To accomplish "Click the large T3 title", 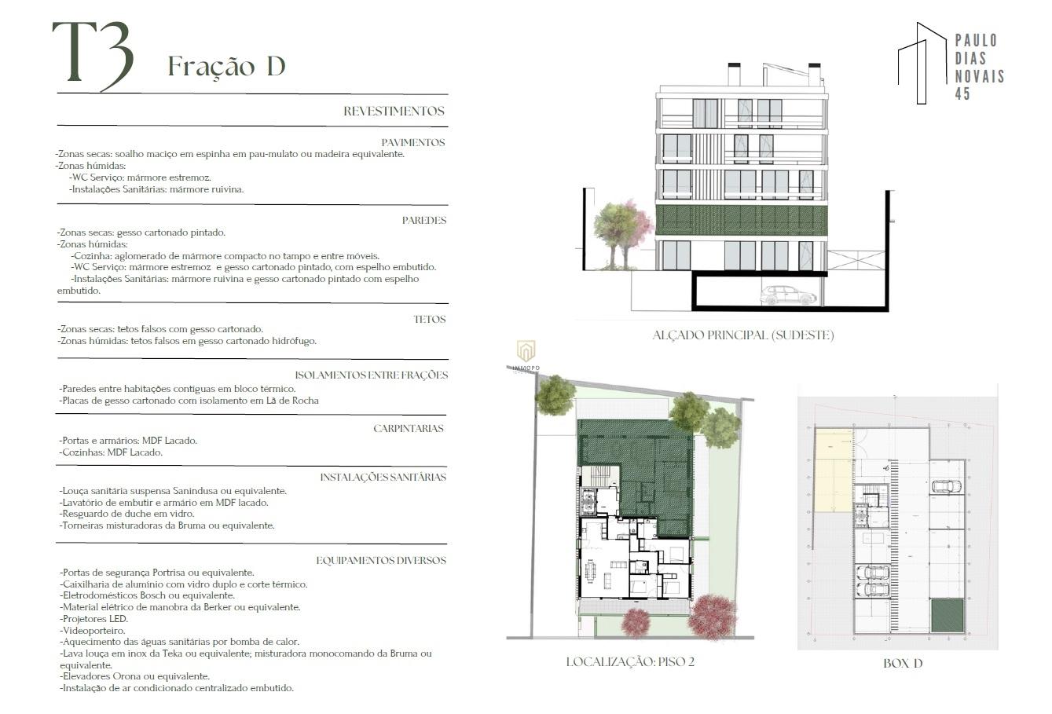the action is (x=93, y=56).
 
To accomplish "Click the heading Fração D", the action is (x=226, y=67).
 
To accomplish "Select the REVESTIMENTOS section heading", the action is (x=394, y=112).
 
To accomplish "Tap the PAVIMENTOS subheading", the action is (x=412, y=142).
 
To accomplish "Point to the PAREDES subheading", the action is (x=424, y=220).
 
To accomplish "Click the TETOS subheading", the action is (x=429, y=319).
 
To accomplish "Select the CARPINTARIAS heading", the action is (x=408, y=429).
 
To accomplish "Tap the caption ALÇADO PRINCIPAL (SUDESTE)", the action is (x=743, y=335).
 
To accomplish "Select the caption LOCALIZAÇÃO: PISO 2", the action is (x=630, y=662).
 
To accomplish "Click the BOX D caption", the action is (x=903, y=663).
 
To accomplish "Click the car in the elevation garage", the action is (x=788, y=295).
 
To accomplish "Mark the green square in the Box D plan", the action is (x=948, y=615).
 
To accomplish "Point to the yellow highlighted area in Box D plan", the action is (x=834, y=470).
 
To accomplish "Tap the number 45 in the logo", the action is (x=962, y=94).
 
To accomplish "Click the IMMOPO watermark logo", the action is (x=526, y=355).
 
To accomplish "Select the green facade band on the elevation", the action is (x=742, y=220).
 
